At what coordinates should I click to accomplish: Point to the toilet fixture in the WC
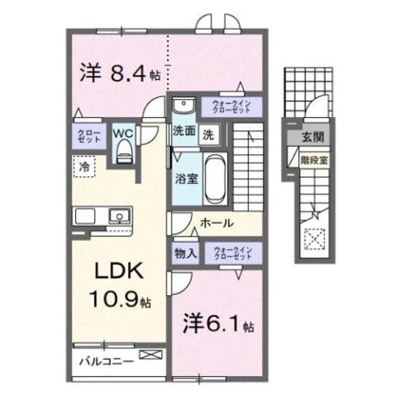pos(124,151)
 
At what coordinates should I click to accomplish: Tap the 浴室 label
pos(186,179)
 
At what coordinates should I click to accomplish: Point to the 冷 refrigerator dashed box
pos(85,166)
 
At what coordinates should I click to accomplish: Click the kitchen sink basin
pos(120,216)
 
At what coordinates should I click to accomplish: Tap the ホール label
pos(216,223)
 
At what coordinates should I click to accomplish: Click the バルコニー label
pos(105,361)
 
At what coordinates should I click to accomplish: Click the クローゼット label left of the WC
pos(88,136)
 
